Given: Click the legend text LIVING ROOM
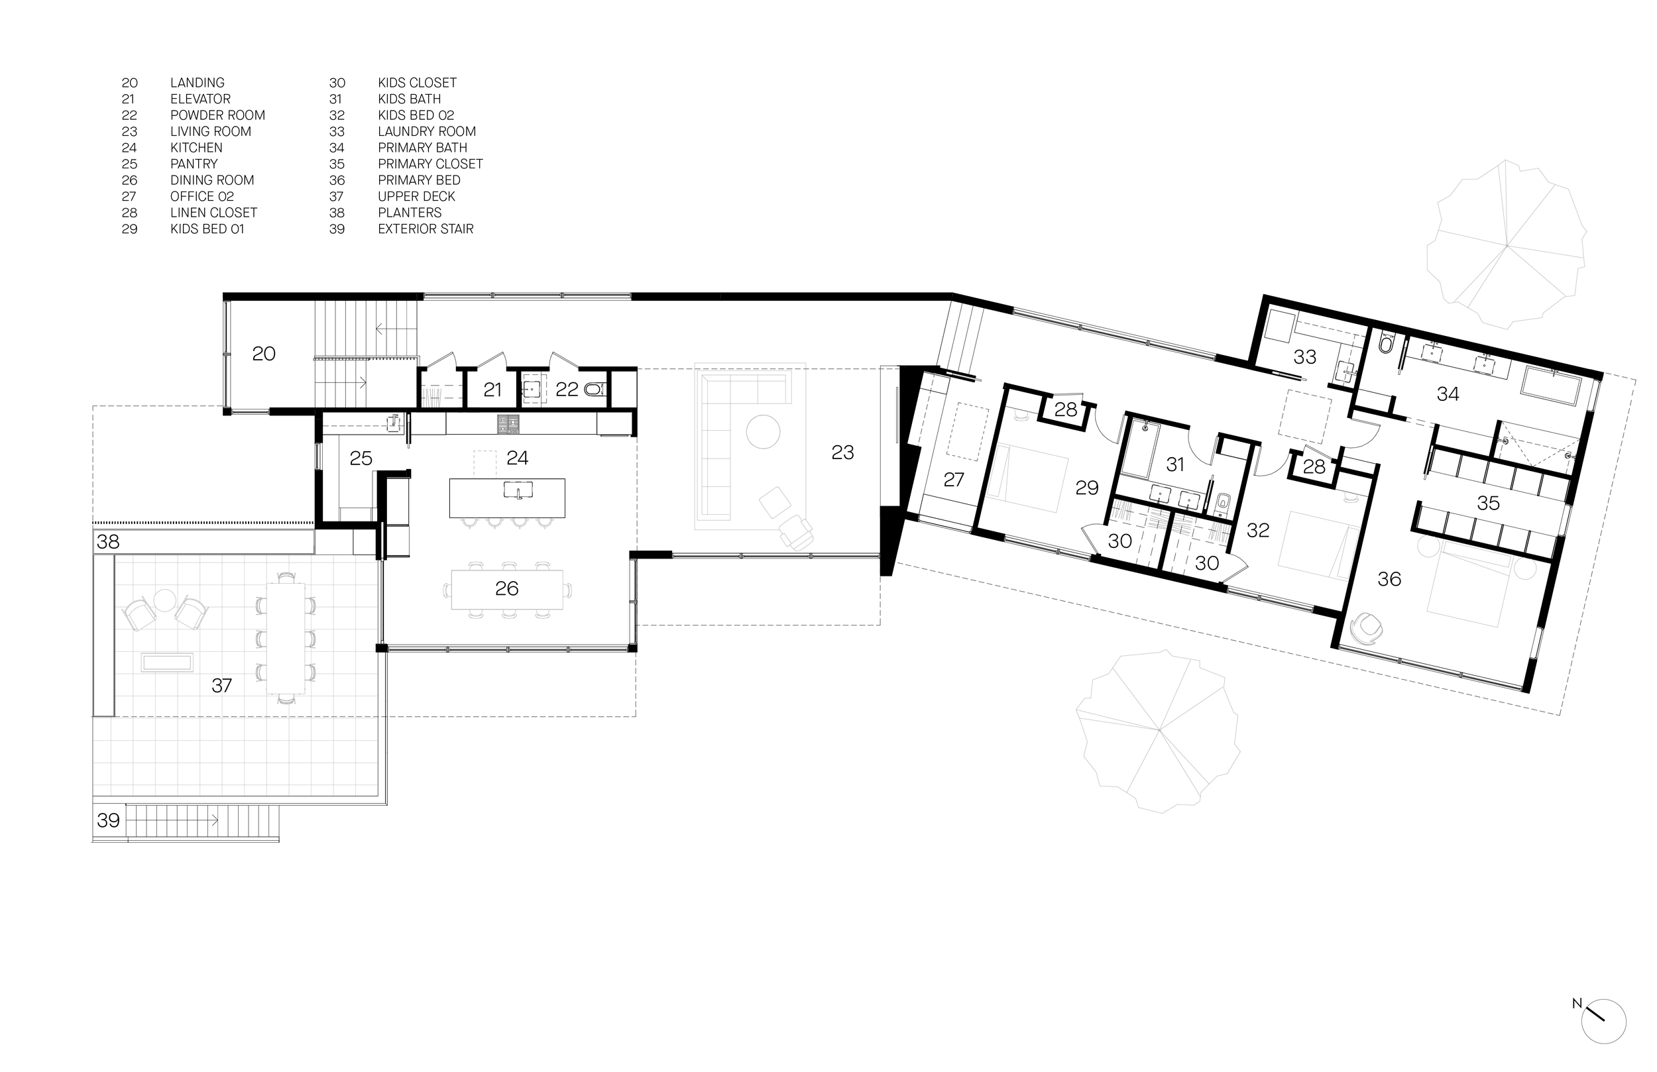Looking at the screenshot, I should [210, 132].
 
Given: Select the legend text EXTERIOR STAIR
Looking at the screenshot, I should [426, 229].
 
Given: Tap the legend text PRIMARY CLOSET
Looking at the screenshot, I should [429, 164].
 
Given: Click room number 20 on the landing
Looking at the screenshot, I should [264, 354].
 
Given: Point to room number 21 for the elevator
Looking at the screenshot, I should [492, 390].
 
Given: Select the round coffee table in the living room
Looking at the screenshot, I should [763, 431].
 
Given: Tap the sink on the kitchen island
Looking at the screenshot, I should [518, 490].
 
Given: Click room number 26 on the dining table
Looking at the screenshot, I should [507, 589].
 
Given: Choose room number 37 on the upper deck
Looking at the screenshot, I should [221, 686].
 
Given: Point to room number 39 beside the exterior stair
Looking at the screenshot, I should [108, 821].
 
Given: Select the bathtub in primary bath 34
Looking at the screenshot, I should [1556, 386].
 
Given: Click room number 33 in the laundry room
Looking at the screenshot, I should [1304, 357].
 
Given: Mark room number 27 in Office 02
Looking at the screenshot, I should [953, 480].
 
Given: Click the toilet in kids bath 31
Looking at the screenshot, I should [1224, 502].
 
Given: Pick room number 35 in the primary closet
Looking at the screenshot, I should [1488, 504].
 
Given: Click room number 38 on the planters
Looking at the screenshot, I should [108, 541].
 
